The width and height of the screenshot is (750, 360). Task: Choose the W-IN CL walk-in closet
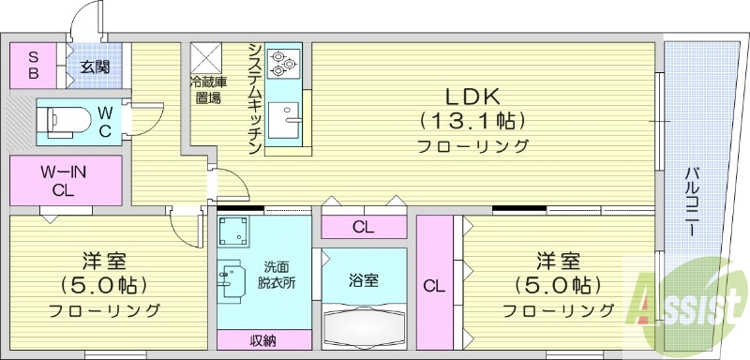(x=65, y=181)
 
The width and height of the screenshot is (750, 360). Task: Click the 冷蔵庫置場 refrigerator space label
(x=207, y=89)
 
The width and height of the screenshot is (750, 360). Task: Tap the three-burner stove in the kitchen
(x=281, y=63)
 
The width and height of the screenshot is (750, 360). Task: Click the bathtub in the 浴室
(x=364, y=325)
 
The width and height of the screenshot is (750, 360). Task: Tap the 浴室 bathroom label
(x=364, y=279)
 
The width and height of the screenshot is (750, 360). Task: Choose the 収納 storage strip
(x=262, y=340)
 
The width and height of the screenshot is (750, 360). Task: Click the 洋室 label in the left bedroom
(x=105, y=261)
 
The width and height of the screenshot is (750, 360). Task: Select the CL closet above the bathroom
(x=364, y=226)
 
